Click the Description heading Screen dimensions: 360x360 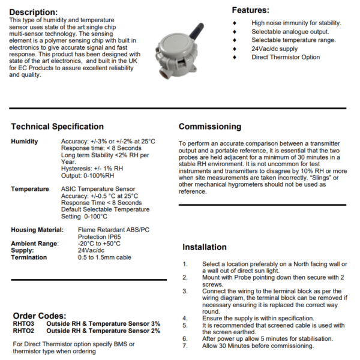[x=34, y=13]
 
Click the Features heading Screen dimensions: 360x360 [x=250, y=10]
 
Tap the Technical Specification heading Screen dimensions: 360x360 [x=57, y=127]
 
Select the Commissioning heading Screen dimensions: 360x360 [x=210, y=127]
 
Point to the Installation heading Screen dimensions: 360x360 [x=205, y=247]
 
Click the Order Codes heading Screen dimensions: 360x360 [x=39, y=316]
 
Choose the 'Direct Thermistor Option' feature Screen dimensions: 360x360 [x=286, y=57]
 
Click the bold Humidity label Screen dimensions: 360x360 [x=25, y=142]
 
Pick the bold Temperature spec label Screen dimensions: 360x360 [x=30, y=189]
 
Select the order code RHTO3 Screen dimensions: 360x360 [x=23, y=323]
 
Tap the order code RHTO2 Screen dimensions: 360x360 [x=23, y=331]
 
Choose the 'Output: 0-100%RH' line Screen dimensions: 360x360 [x=88, y=175]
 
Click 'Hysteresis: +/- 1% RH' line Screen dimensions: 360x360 [x=92, y=169]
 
